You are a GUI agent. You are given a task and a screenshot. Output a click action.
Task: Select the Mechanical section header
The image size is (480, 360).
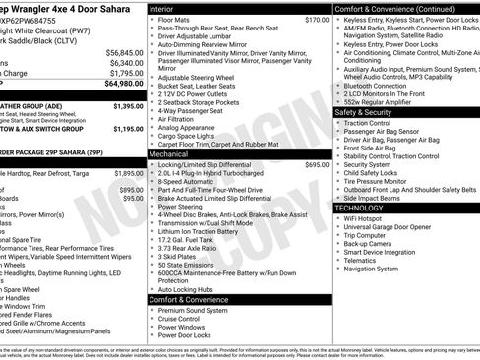pyautogui.click(x=170, y=154)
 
